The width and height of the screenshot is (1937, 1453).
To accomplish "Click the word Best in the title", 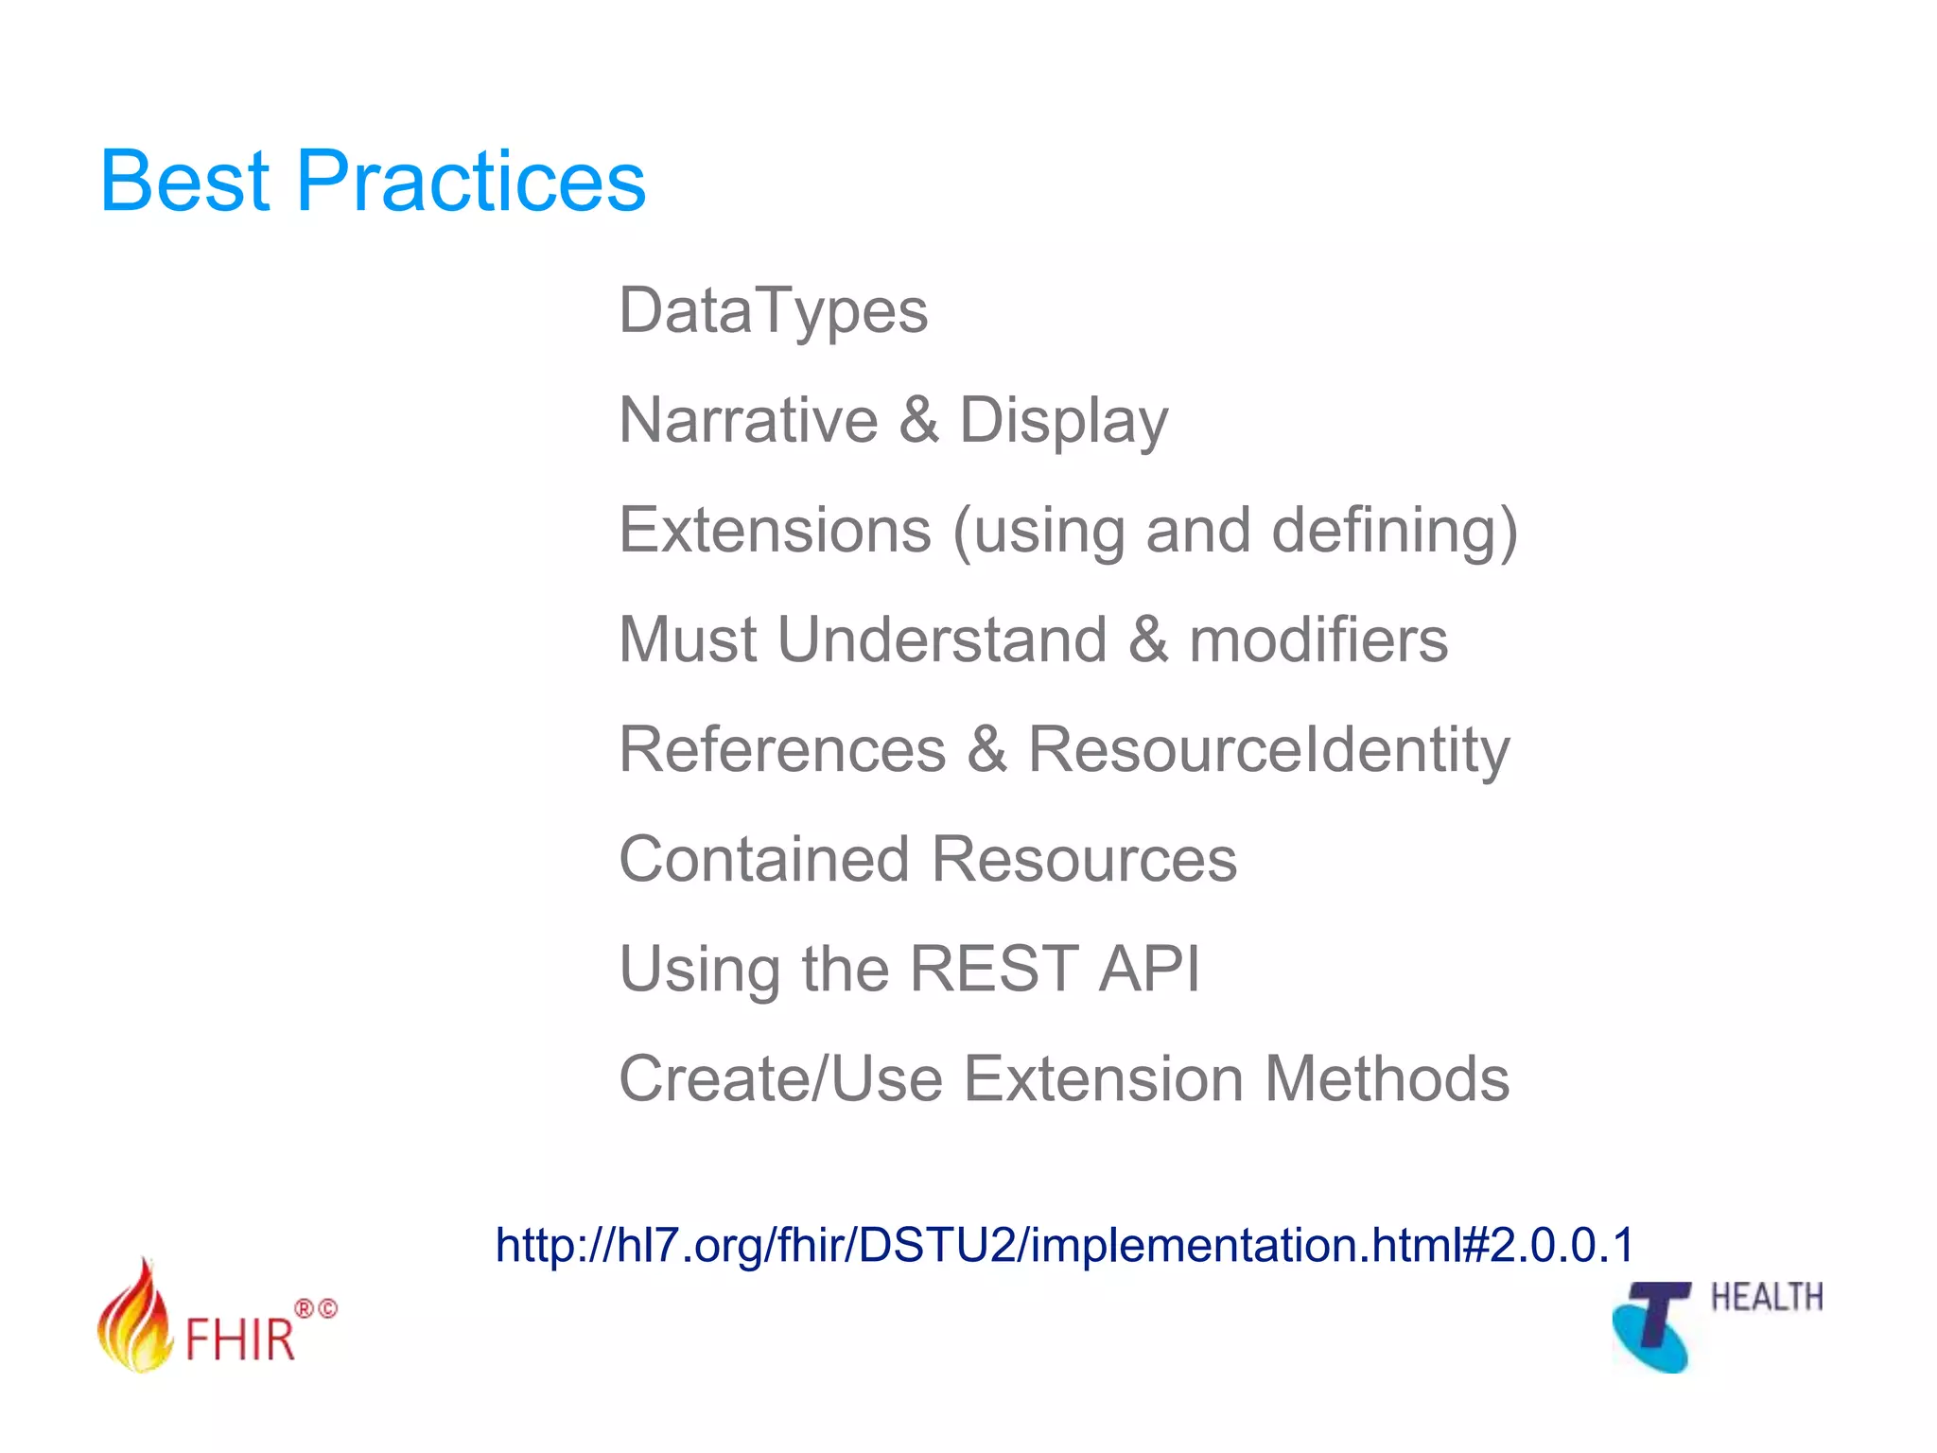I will coord(185,182).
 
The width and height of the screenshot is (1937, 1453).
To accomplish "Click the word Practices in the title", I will coord(471,182).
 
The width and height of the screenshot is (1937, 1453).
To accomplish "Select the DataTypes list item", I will coord(773,312).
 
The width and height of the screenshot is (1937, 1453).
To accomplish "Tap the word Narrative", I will coord(748,420).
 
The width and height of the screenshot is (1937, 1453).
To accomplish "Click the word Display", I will coord(1064,422).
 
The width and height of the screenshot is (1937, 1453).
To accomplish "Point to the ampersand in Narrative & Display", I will coord(918,420).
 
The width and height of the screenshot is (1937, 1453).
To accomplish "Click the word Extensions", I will coord(776,530).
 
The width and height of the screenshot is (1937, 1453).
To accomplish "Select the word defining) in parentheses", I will coord(1395,532).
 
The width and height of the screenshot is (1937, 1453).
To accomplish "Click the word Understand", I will coord(942,639).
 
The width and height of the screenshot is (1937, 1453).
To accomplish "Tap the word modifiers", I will coord(1318,639).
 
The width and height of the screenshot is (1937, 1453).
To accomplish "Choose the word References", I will coord(782,749).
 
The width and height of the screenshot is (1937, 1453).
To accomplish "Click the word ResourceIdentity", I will coord(1268,751).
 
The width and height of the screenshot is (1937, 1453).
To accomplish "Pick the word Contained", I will coord(764,859).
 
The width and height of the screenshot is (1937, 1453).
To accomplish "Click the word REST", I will coord(993,969).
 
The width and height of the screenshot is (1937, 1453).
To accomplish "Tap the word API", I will coord(1149,969).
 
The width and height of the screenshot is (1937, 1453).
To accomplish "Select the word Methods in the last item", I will coord(1387,1078).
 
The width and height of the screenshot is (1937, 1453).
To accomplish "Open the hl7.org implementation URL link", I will coord(1065,1245).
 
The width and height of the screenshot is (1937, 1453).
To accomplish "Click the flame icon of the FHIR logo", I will coord(134,1321).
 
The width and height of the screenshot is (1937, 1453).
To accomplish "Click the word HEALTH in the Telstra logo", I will coord(1766,1297).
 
